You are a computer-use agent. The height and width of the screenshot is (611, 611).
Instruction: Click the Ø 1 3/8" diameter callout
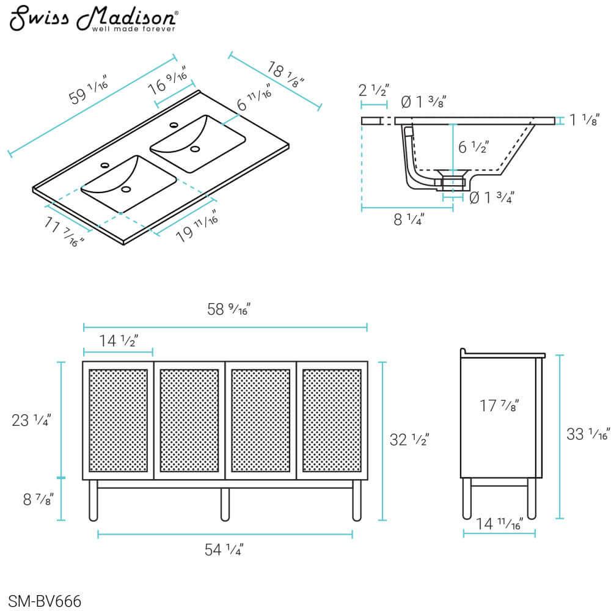422,102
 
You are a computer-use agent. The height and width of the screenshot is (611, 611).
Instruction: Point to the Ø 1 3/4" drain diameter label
491,197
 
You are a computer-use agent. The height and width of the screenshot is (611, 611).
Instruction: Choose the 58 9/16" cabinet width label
230,310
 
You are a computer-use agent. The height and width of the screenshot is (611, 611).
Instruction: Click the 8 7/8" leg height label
36,499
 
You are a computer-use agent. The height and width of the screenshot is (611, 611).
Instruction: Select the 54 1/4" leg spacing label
224,550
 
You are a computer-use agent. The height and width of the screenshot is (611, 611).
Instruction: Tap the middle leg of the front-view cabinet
224,503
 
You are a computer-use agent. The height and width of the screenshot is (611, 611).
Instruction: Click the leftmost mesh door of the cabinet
118,420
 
